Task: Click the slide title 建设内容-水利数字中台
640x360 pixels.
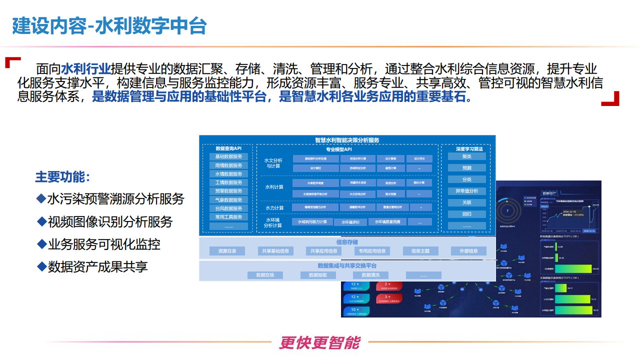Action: click(x=109, y=26)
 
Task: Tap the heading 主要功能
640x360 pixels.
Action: click(x=62, y=176)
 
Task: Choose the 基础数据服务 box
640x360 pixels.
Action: click(x=228, y=156)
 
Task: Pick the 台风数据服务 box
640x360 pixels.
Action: click(x=228, y=208)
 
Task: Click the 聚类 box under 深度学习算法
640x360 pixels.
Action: click(x=466, y=156)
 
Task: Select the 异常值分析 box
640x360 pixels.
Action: click(x=466, y=191)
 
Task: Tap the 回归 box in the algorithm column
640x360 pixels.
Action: click(x=466, y=214)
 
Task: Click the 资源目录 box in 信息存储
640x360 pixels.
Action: click(x=227, y=251)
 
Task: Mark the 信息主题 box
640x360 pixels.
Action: click(x=420, y=251)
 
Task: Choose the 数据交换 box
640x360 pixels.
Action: click(x=265, y=275)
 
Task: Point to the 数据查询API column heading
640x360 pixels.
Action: click(x=228, y=148)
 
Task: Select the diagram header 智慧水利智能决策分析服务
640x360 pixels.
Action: click(x=347, y=140)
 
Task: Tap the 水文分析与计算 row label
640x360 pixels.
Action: click(x=273, y=163)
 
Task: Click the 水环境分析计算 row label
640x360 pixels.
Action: click(x=273, y=222)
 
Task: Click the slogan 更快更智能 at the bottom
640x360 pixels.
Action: click(x=319, y=342)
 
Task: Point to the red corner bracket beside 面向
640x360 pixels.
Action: click(x=12, y=62)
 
